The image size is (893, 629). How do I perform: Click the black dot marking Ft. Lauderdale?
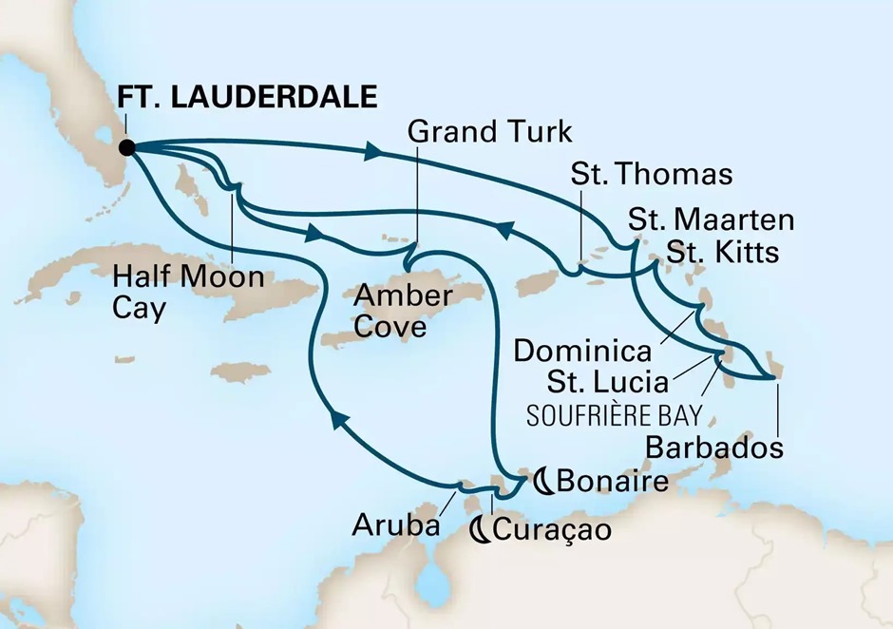[x=126, y=147]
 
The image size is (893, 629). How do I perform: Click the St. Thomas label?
[x=652, y=174]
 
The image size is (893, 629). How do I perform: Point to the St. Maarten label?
[x=711, y=221]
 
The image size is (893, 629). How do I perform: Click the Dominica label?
[x=581, y=351]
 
